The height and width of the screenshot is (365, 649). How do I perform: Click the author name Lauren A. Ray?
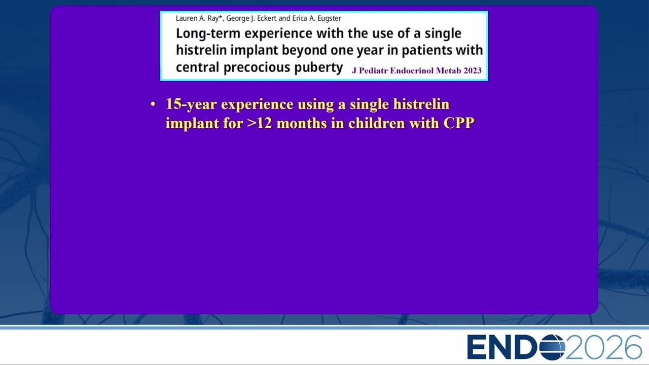click(x=197, y=19)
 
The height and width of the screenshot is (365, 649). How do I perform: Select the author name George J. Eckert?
click(x=251, y=19)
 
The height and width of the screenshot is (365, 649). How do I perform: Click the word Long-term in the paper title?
click(x=208, y=34)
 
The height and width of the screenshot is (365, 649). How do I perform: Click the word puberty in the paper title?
click(x=318, y=68)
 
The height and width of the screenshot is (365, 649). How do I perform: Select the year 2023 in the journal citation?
click(x=472, y=70)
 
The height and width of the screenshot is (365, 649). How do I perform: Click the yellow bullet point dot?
click(x=153, y=104)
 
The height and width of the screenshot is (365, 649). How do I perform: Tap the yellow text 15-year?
click(x=191, y=104)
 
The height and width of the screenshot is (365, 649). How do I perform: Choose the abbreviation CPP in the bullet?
click(x=459, y=123)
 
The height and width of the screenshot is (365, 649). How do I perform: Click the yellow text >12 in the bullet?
click(x=260, y=123)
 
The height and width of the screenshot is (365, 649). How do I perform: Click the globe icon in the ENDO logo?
click(x=552, y=347)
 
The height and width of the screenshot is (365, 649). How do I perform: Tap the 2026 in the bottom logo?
click(x=604, y=347)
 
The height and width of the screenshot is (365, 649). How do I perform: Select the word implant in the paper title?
click(x=255, y=51)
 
